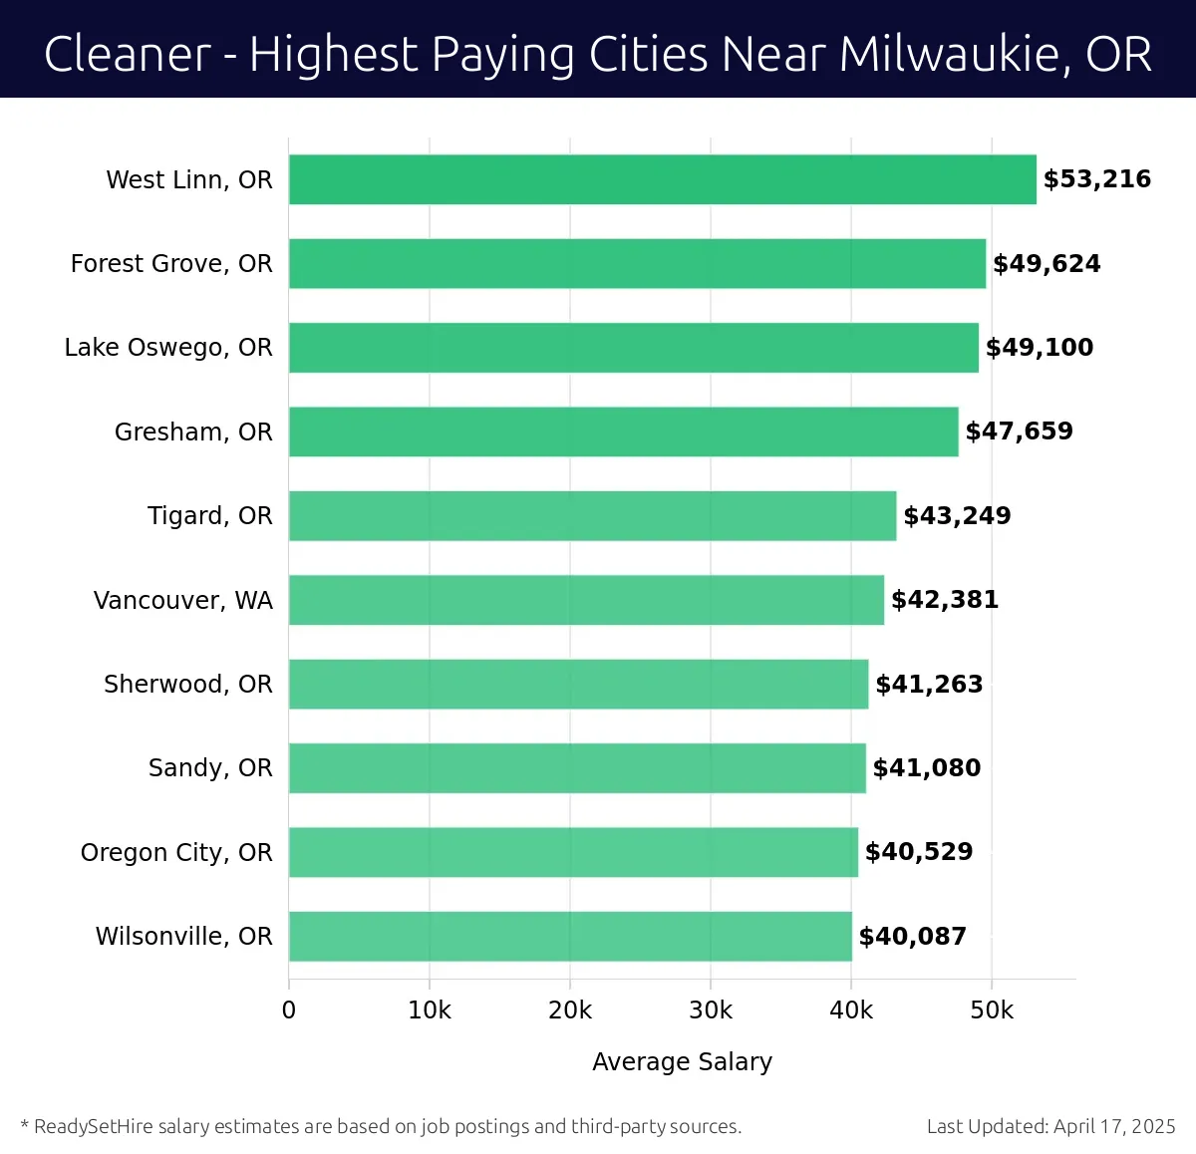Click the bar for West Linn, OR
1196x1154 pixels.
click(662, 179)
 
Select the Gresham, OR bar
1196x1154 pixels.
click(623, 432)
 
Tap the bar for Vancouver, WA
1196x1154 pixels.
click(586, 600)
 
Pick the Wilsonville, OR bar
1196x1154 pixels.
click(570, 936)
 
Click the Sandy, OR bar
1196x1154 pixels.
click(577, 767)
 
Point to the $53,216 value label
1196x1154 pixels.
click(1096, 179)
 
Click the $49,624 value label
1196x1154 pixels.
click(1046, 263)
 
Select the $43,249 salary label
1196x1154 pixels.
click(957, 515)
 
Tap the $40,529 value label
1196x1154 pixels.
click(919, 852)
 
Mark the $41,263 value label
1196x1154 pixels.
click(929, 684)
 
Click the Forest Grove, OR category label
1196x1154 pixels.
click(171, 263)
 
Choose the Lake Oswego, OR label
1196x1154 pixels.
click(168, 347)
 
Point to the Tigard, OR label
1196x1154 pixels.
click(209, 515)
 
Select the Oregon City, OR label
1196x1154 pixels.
click(176, 852)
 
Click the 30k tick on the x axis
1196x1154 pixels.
click(711, 1010)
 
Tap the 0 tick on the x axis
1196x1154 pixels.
click(289, 1010)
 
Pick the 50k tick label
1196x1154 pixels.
click(992, 1010)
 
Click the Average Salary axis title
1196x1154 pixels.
click(682, 1061)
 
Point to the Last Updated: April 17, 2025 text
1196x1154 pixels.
click(1050, 1126)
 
